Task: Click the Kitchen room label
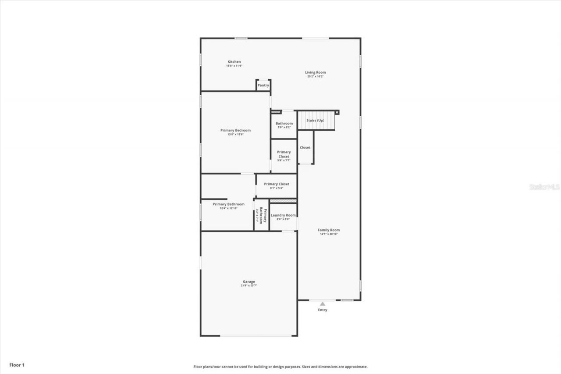234,62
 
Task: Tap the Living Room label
315,72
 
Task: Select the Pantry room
263,85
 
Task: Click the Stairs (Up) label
315,120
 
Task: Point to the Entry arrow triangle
323,303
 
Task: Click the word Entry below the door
323,310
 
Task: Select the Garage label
249,282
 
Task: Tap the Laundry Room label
283,215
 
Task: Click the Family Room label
328,230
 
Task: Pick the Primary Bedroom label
235,130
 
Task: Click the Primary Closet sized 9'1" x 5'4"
276,184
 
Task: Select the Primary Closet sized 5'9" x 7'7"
284,154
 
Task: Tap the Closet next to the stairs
305,148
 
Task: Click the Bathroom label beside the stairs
284,124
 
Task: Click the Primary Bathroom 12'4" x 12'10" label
228,204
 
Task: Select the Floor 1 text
17,365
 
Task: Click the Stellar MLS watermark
544,187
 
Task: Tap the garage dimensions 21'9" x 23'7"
249,285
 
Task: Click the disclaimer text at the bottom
280,367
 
